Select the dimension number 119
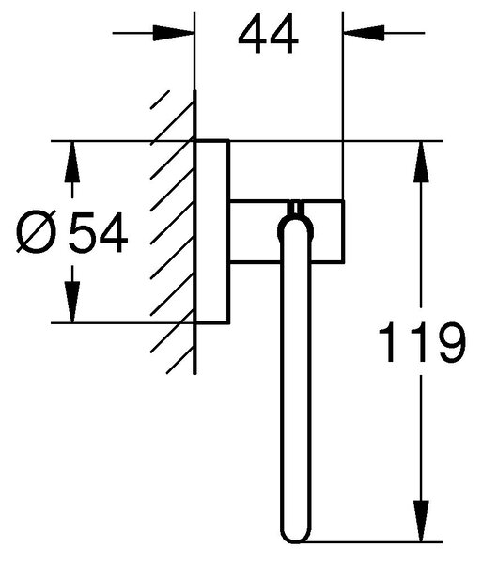click(x=422, y=342)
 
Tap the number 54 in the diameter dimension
click(x=98, y=232)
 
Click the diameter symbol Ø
click(x=37, y=232)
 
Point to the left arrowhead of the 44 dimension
click(x=174, y=33)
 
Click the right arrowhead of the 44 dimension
click(x=365, y=33)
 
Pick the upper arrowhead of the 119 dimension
click(x=421, y=162)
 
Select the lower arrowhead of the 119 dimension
click(x=421, y=521)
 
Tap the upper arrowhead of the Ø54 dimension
click(x=72, y=162)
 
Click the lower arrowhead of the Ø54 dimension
click(x=72, y=303)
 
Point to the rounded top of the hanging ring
click(x=295, y=222)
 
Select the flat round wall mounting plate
click(x=212, y=232)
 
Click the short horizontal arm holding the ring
click(x=287, y=231)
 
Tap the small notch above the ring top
click(x=295, y=208)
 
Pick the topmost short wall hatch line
click(x=160, y=100)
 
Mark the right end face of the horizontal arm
click(x=344, y=231)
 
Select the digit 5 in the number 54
click(x=83, y=232)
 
